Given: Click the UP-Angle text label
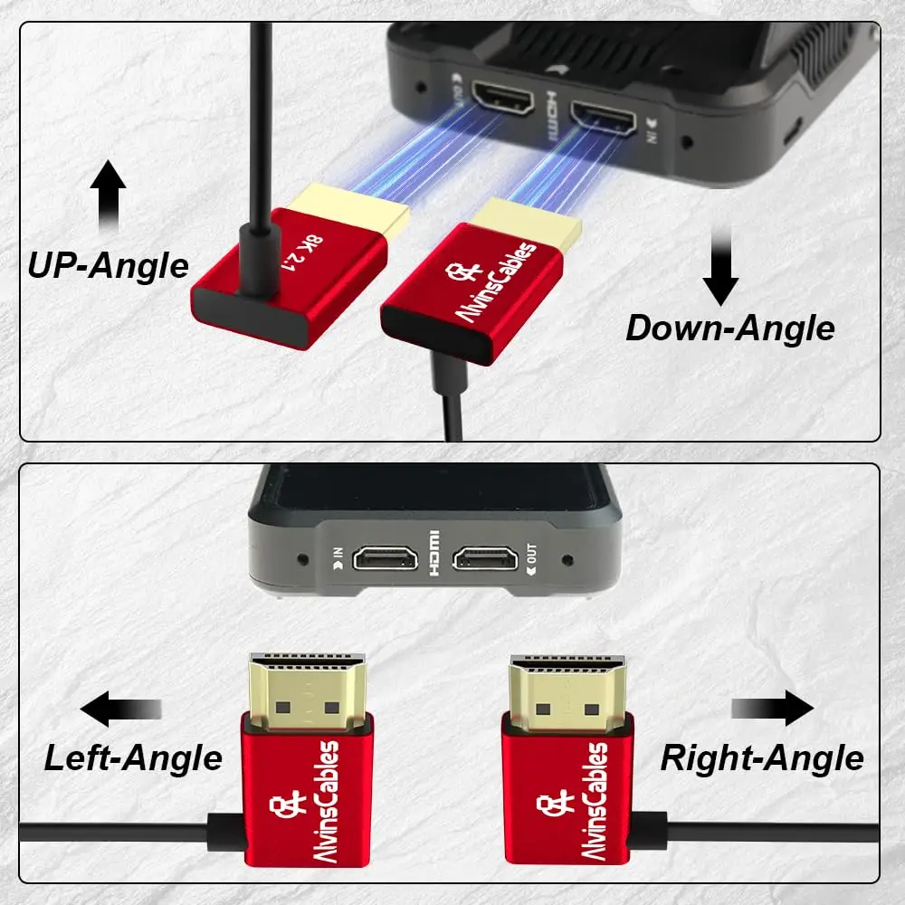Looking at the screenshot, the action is (x=108, y=265).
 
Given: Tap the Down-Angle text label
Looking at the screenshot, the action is (x=729, y=327).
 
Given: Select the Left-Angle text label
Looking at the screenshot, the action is (x=133, y=757).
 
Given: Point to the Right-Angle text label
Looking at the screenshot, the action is (x=762, y=757).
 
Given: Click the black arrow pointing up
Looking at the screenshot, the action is (x=109, y=195).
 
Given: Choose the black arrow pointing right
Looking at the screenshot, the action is (x=772, y=709).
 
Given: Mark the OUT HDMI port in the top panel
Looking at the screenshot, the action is (x=500, y=97).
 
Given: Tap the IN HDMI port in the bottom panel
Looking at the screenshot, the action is (x=386, y=559).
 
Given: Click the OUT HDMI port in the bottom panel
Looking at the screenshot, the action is (x=485, y=559).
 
